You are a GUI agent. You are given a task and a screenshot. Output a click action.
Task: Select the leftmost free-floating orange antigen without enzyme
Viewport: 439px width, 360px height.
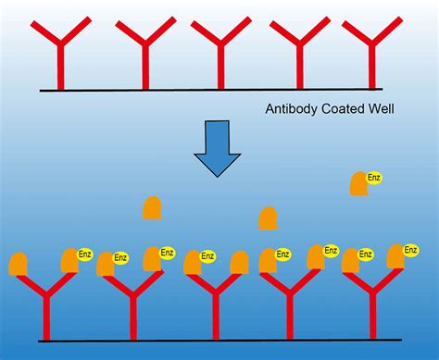154,207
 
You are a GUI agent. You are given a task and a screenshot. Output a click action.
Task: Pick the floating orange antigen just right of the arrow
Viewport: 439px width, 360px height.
268,218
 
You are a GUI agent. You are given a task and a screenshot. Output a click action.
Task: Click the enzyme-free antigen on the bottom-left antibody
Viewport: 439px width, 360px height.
18,263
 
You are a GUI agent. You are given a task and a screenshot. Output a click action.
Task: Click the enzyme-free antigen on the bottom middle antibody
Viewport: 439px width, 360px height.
239,263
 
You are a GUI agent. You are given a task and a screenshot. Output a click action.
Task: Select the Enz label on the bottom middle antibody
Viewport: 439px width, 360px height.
207,256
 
